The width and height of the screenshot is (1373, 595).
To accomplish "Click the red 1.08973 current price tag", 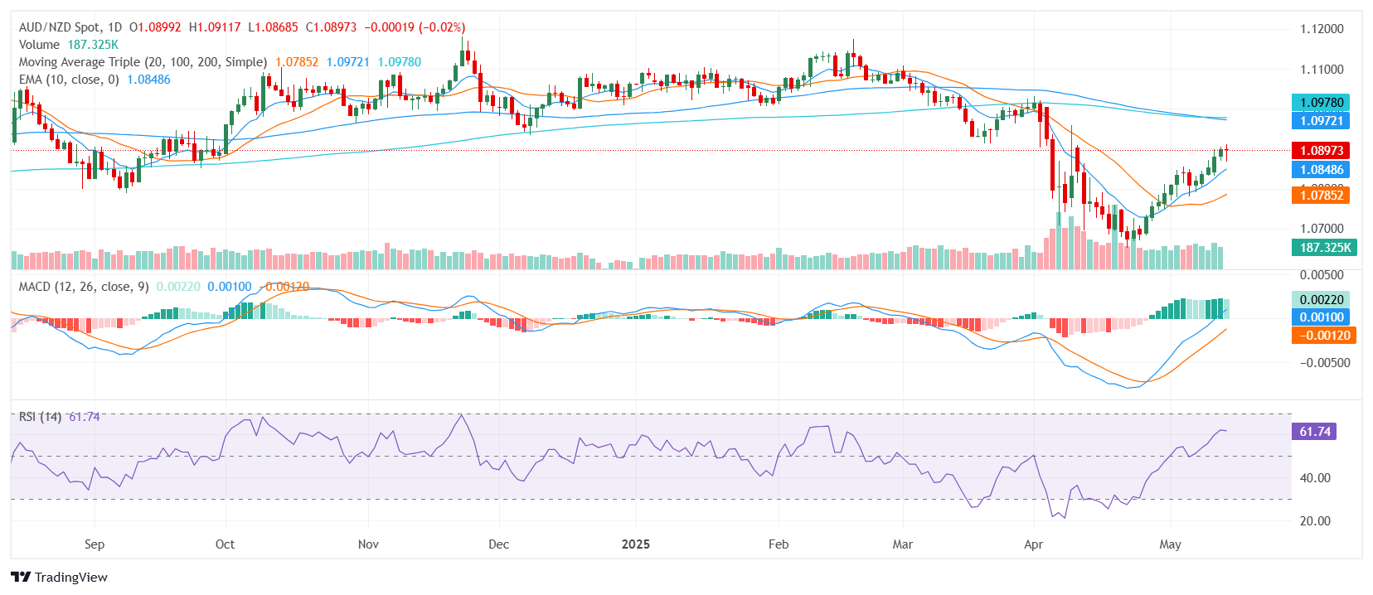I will [x=1322, y=151].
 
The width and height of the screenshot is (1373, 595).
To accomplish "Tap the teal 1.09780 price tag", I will [x=1322, y=103].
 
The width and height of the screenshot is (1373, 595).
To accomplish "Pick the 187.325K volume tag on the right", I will [x=1325, y=248].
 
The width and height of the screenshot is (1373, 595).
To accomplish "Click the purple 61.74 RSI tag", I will [x=1315, y=432].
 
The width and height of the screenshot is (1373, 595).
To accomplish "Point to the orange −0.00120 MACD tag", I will [x=1324, y=336].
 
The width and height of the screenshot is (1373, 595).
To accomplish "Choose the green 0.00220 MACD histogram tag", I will [x=1322, y=300].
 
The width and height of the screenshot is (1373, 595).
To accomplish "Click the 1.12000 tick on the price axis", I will [x=1322, y=29].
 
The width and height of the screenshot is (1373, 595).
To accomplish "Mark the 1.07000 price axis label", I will [x=1322, y=229].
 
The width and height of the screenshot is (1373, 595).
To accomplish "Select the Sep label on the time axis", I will [x=95, y=544].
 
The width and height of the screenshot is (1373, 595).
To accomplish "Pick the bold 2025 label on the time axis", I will [x=636, y=544].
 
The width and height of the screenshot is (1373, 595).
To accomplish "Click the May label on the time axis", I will [x=1170, y=544].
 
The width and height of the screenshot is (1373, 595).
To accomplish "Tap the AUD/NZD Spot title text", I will [x=58, y=27].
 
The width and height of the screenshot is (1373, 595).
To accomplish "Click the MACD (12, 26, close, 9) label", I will [x=84, y=287].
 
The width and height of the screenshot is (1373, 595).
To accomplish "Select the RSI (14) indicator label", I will [x=40, y=417].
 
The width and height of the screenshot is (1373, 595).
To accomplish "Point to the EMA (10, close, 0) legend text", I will [x=69, y=80].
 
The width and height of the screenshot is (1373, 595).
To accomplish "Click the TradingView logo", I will [x=60, y=578].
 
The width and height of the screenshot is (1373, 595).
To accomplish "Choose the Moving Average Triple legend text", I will [x=143, y=62].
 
